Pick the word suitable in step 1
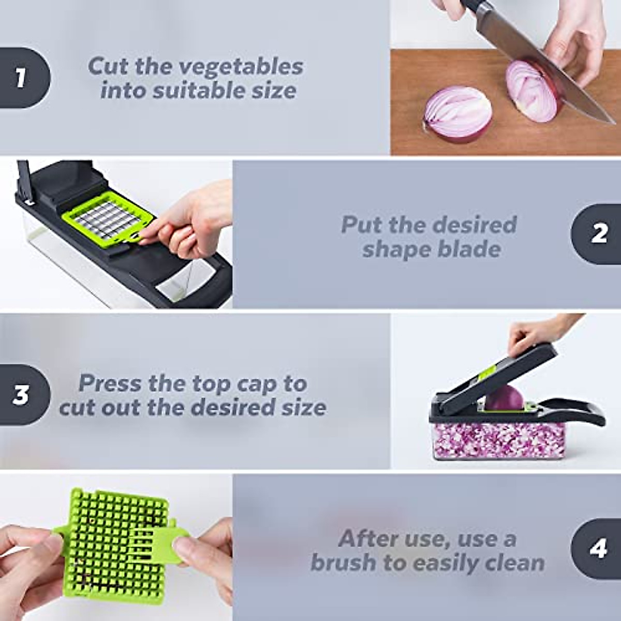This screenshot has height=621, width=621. pos(199,91)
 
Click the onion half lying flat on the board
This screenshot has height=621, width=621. pos(457,115)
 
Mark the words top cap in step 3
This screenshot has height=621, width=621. pos(235,384)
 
